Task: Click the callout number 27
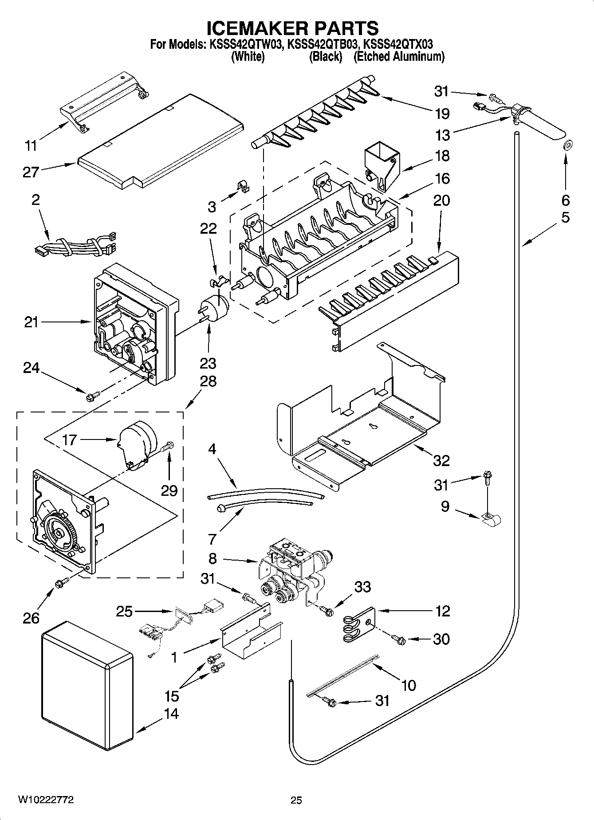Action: (31, 172)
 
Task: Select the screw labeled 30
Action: (398, 639)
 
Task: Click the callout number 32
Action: (441, 460)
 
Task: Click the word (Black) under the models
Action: (326, 56)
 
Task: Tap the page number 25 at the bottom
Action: (296, 800)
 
